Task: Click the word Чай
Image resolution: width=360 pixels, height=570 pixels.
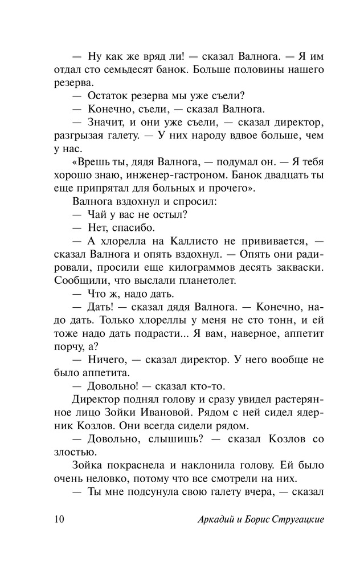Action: tap(98, 215)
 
